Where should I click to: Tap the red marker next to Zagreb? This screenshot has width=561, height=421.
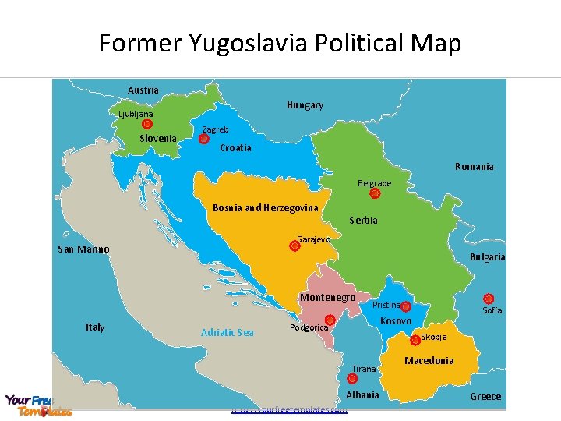tap(203, 140)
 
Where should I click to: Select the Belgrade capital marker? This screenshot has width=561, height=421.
tap(375, 193)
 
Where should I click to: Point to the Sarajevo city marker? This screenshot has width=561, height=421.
tap(295, 246)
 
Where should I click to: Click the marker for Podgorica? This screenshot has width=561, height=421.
tap(330, 320)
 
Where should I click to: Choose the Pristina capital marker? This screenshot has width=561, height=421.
tap(406, 306)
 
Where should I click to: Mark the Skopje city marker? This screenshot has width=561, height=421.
tap(415, 340)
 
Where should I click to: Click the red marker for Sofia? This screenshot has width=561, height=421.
tap(489, 299)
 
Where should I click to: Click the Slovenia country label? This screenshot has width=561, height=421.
tap(157, 139)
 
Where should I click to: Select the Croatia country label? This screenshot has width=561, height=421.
tap(235, 148)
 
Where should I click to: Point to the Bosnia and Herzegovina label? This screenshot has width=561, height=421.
tap(265, 208)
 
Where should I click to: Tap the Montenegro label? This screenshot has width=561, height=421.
tap(327, 298)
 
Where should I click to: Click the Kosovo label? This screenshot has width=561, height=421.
tap(395, 321)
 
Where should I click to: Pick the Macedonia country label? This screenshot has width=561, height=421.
tap(429, 361)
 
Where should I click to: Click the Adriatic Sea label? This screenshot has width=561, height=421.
tap(227, 333)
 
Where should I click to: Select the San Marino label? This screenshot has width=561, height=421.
tap(83, 249)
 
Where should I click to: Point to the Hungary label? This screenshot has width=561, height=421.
tap(305, 105)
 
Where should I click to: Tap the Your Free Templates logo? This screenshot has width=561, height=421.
tap(37, 405)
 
